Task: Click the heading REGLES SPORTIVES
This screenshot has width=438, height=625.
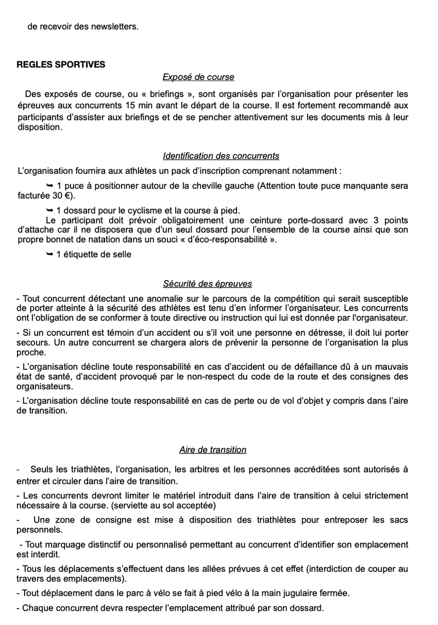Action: click(x=61, y=64)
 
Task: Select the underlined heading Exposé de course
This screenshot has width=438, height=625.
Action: click(x=198, y=77)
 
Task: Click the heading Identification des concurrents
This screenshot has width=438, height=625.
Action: click(x=221, y=156)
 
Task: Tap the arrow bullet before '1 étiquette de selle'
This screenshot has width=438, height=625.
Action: click(x=50, y=254)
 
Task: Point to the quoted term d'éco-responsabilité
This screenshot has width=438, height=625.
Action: click(x=226, y=240)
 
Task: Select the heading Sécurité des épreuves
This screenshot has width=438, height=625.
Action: click(x=207, y=284)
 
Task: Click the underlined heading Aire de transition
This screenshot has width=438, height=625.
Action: click(x=212, y=450)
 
